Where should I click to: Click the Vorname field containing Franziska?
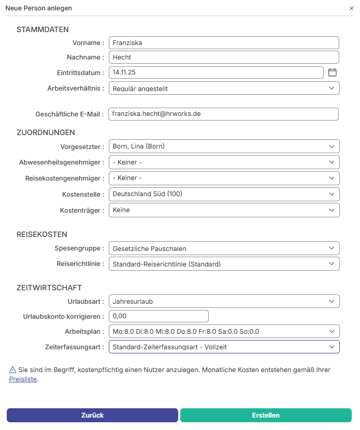223,43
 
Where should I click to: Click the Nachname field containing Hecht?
223,57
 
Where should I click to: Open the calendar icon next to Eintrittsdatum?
333,72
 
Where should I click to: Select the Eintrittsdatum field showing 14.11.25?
216,72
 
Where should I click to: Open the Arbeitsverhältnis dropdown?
224,88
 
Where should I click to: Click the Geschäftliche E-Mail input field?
223,114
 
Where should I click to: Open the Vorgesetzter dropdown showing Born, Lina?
224,146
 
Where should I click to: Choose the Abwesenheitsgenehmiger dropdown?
224,162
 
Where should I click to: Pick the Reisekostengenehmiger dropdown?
224,179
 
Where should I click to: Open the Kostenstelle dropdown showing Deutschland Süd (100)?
224,194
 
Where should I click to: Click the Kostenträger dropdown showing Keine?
224,210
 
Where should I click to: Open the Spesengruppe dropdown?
224,248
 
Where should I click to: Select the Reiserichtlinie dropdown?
224,264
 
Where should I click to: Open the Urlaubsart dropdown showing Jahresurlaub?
224,301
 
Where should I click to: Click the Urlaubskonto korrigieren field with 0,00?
159,316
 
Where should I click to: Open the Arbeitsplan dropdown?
224,332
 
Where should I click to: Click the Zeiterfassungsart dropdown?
224,347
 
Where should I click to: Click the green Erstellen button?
266,415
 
